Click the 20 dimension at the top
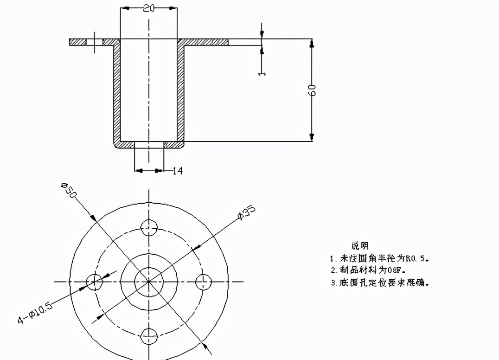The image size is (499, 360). [149, 8]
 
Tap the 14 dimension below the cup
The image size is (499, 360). [178, 171]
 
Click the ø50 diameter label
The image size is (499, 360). [69, 190]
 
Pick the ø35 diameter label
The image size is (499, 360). [246, 212]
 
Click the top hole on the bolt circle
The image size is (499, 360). [149, 227]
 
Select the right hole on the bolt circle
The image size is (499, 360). [203, 281]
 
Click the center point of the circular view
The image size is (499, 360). [149, 281]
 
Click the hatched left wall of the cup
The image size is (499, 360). [117, 93]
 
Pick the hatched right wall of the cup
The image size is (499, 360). [181, 93]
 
